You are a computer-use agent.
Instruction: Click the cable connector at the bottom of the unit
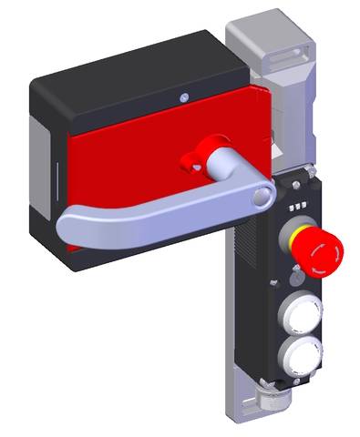click(273, 400)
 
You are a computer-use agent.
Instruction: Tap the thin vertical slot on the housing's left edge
click(53, 173)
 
